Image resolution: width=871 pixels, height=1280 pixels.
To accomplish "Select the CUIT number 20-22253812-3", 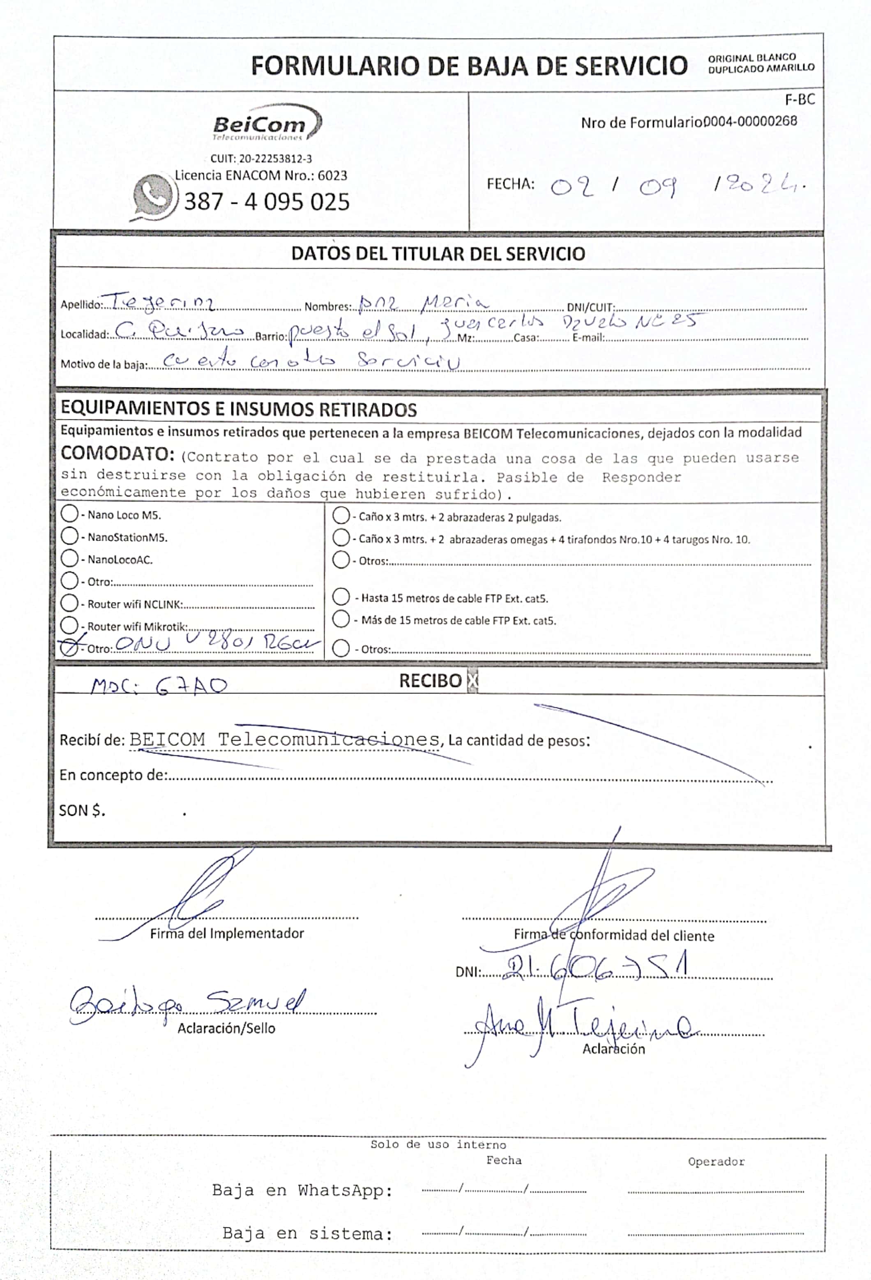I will coord(261,159).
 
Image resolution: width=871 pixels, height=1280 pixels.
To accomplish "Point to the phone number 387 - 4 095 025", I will coord(267,202).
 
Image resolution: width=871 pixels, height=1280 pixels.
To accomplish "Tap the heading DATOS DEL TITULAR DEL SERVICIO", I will coord(438,254).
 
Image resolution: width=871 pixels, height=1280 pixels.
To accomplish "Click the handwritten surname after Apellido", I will coord(163,302).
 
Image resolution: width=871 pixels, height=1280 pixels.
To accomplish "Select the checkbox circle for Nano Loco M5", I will coord(69,514).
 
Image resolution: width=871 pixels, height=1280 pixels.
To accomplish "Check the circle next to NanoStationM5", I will coord(69,536).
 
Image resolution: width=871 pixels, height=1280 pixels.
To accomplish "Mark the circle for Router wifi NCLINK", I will coord(69,603).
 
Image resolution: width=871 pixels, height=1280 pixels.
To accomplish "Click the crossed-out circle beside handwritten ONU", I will coord(69,648).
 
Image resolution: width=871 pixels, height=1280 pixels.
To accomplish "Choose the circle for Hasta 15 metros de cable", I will coord(341,597).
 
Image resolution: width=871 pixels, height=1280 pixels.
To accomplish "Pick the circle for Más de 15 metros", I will coord(341,619).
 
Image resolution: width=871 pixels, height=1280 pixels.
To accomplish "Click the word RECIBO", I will coord(430,681).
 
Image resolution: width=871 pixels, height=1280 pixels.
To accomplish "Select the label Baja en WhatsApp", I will coord(302,1191).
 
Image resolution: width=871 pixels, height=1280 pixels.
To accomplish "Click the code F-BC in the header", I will coord(800,100).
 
